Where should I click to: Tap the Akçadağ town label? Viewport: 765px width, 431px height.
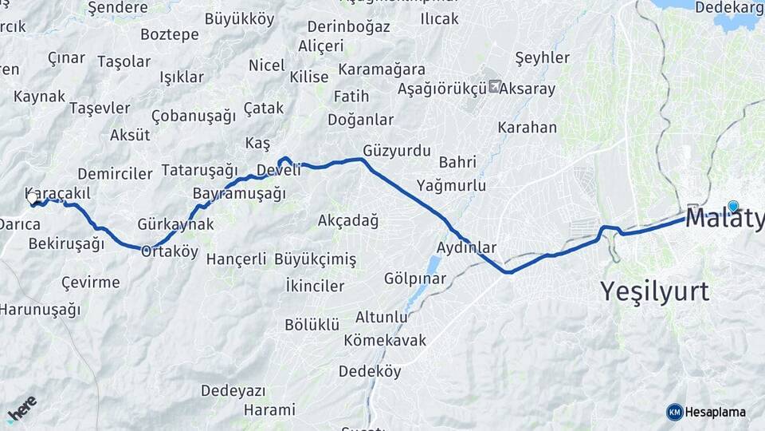tap(347, 220)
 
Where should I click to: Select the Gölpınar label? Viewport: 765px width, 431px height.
tap(414, 279)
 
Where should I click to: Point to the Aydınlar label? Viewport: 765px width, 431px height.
tap(467, 247)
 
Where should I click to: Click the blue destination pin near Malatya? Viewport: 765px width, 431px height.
tap(733, 206)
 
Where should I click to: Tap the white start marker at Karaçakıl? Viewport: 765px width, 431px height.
tap(33, 199)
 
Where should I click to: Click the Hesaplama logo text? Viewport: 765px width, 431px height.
tap(714, 412)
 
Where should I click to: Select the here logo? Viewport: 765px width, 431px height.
tap(22, 409)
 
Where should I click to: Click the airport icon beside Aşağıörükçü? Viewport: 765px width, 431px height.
tap(495, 86)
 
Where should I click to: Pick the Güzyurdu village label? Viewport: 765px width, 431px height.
tap(396, 150)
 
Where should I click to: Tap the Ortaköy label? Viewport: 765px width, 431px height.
tap(169, 251)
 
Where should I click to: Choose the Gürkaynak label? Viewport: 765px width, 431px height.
tap(175, 224)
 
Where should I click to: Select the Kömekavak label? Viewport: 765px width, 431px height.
tap(385, 340)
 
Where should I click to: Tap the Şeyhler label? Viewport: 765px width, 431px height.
tap(543, 57)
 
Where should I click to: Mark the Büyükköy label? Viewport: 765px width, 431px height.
tap(239, 18)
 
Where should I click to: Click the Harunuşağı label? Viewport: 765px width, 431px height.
tap(40, 309)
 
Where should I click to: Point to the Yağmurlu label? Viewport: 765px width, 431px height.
tap(451, 185)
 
